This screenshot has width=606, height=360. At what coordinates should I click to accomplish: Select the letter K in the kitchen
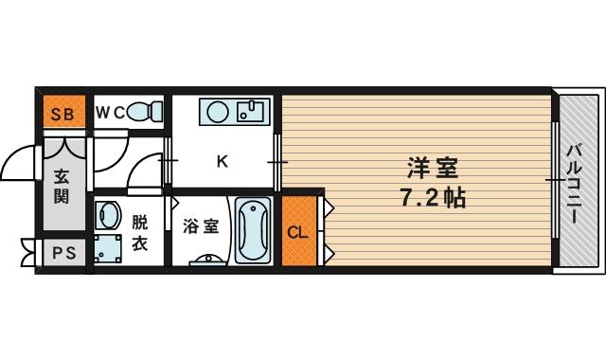point(223,160)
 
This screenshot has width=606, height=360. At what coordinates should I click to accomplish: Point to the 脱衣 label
point(140,232)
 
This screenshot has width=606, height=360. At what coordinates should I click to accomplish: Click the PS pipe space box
point(62,254)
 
